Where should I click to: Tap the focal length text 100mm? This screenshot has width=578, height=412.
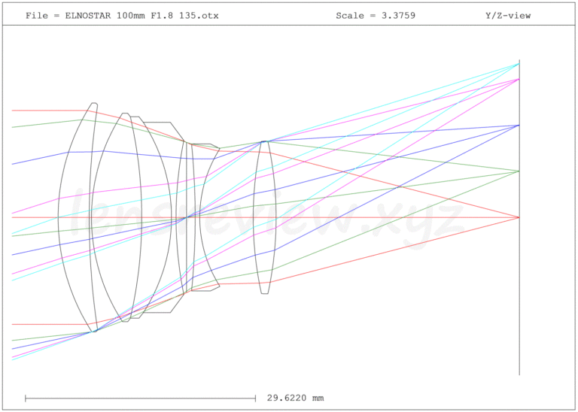128,16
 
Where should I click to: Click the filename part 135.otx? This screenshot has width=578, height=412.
199,16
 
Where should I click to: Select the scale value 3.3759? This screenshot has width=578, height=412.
398,16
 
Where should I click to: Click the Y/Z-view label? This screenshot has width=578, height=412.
508,16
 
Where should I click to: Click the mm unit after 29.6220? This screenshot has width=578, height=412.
318,398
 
